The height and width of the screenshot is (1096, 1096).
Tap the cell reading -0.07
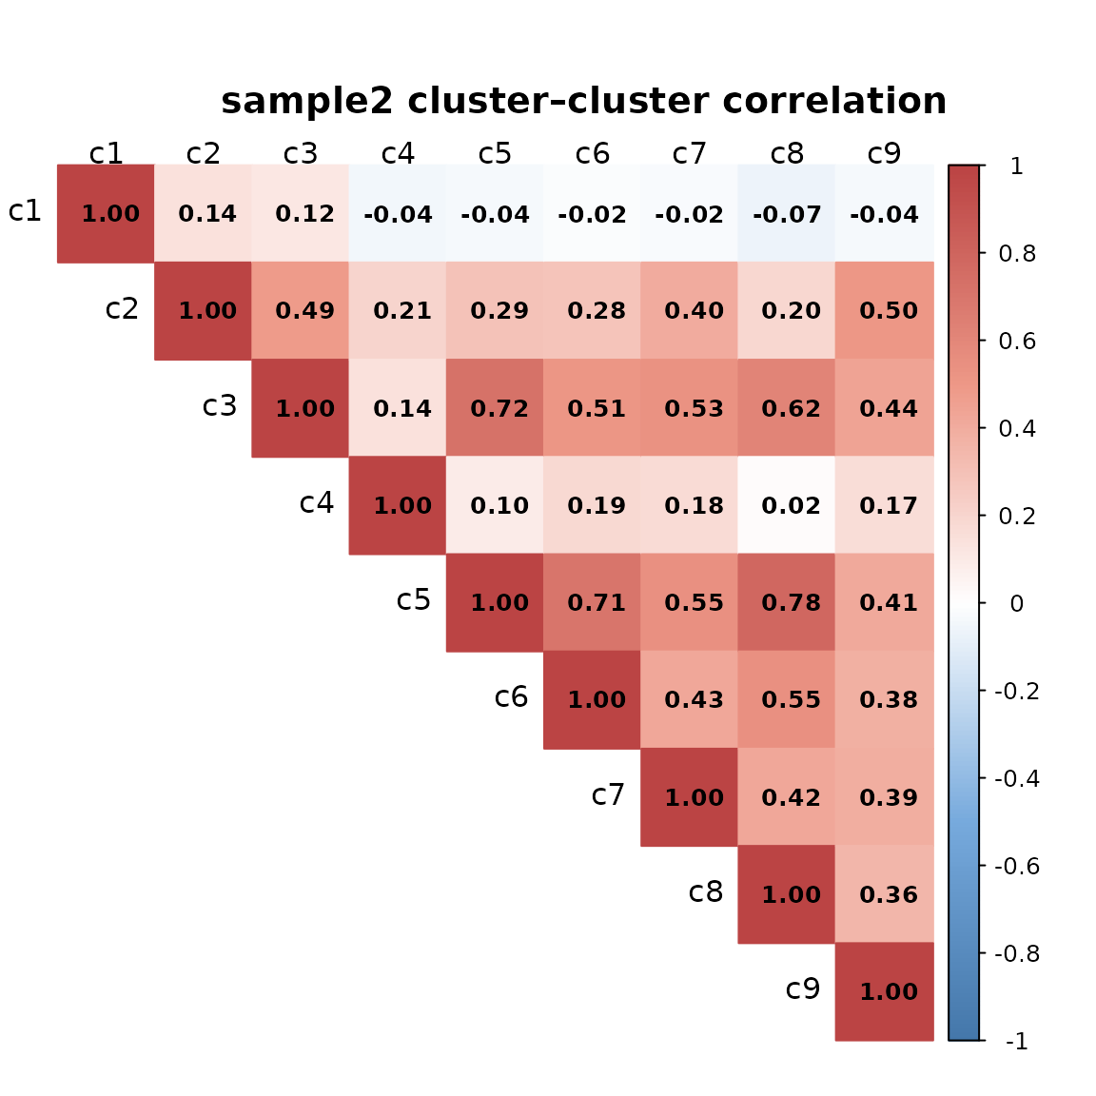coord(787,214)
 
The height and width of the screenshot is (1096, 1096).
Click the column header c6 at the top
coord(593,153)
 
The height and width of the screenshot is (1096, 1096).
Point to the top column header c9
coord(885,153)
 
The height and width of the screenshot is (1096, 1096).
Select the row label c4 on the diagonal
coord(317,502)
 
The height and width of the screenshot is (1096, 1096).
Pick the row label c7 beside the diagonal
coord(608,794)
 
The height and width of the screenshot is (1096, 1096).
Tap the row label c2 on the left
coord(122,308)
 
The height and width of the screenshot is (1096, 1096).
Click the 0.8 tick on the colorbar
coord(1017,254)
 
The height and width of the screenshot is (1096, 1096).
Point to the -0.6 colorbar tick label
coord(1017,866)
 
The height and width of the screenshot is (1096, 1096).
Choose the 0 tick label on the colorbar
coord(1017,603)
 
